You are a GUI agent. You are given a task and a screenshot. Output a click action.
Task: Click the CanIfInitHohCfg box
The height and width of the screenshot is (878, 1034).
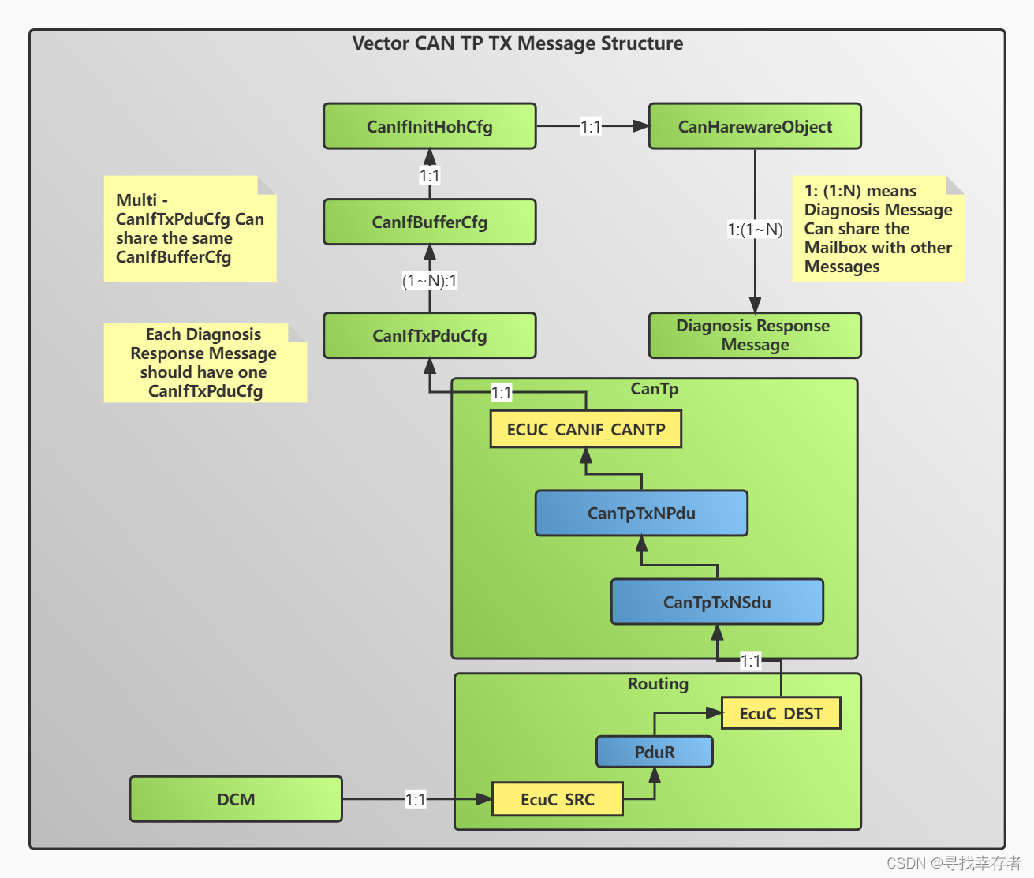[x=430, y=126]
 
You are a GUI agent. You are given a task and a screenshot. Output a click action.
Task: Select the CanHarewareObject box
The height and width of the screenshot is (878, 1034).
[x=755, y=126]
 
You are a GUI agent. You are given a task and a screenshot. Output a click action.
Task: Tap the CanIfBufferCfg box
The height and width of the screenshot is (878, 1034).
[x=430, y=222]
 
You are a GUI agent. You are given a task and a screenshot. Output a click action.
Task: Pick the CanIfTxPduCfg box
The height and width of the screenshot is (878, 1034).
[x=430, y=336]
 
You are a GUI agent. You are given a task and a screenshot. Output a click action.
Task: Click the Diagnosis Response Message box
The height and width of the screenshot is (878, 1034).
[x=755, y=335]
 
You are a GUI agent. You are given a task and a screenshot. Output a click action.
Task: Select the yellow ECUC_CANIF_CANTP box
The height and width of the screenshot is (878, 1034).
[x=585, y=430]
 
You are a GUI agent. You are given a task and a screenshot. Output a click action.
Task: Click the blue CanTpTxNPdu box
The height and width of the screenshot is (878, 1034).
[x=641, y=514]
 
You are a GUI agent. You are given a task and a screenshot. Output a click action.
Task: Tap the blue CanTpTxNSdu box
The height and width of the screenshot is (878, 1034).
[x=717, y=603]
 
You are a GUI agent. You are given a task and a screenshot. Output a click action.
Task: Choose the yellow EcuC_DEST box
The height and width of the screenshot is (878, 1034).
[x=781, y=714]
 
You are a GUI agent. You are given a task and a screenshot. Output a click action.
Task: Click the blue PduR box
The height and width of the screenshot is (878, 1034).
[x=655, y=753]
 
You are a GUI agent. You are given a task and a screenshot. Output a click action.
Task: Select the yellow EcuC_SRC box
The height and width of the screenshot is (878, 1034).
[x=558, y=800]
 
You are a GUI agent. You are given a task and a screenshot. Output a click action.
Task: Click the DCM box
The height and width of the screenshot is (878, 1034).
[x=236, y=800]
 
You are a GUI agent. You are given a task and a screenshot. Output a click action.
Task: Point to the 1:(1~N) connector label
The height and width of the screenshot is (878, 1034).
[x=755, y=230]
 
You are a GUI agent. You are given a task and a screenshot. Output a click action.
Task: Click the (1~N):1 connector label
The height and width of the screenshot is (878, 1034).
[x=430, y=281]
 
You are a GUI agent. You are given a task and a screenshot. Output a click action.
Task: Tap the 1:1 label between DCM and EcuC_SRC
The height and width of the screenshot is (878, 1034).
[x=416, y=800]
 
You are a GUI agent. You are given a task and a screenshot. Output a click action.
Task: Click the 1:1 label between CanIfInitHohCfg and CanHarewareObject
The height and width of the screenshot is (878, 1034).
[x=591, y=126]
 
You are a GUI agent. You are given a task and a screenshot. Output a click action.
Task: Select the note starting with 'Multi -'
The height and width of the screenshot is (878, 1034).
[x=190, y=229]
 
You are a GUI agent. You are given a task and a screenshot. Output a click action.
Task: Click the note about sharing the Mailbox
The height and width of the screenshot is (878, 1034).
[x=878, y=229]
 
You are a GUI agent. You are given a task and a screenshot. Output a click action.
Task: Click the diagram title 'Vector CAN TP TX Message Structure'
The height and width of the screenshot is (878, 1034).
[x=517, y=43]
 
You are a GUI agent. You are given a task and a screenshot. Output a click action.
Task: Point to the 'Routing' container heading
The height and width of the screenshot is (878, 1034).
[x=658, y=684]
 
